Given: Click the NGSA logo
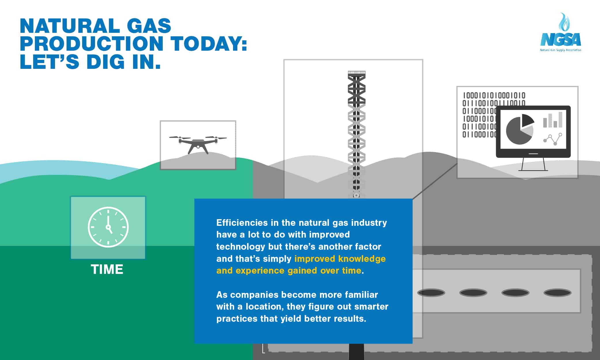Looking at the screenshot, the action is point(561,32).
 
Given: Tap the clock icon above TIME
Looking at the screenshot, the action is point(108,227).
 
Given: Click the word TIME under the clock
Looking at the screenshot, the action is point(107,270).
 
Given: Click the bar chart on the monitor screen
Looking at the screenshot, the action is point(552,120).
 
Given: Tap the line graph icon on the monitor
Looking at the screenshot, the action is point(552,139).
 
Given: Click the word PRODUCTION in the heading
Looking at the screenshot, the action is point(92,43).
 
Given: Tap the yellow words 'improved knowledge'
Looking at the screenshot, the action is point(340,259).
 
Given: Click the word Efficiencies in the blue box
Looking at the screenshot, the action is point(241,223).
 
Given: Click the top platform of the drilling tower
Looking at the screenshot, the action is point(357,73).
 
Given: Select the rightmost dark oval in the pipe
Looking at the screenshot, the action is point(557,293).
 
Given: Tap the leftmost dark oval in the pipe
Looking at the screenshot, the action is point(431,293).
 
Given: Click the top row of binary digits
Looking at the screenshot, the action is point(494,95).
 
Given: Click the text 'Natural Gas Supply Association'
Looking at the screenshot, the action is point(561,50).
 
